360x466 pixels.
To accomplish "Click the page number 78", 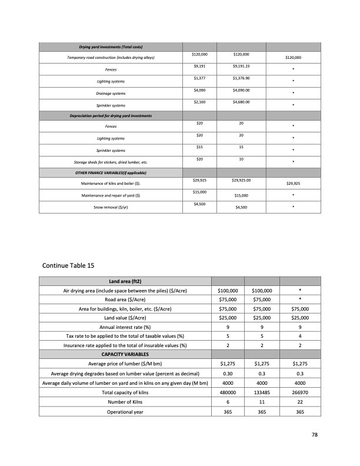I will [315, 435].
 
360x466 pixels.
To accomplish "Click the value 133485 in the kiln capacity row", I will [261, 392].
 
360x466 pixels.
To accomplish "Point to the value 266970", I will [300, 392].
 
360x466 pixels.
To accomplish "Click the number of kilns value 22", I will [300, 401].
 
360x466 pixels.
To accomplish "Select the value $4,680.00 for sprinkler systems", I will [241, 102].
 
